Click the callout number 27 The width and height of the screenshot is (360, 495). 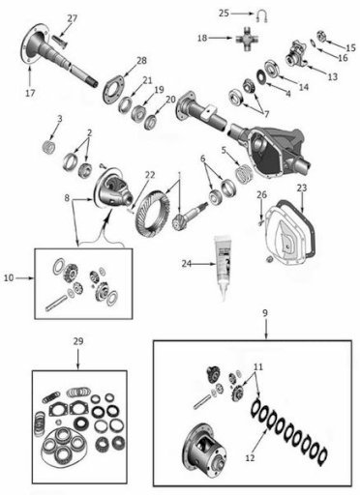point(72,18)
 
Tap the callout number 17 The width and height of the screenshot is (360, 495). point(30,93)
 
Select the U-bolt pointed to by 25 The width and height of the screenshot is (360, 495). point(262,16)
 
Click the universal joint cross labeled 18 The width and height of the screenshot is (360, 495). point(247,40)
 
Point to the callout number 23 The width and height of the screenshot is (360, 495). point(302,188)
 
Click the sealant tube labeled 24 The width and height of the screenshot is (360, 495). point(223,267)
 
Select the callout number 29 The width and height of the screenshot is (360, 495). point(78,341)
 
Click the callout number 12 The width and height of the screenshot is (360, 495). point(250,457)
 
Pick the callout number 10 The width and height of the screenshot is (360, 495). point(9,277)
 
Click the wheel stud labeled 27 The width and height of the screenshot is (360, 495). point(58,42)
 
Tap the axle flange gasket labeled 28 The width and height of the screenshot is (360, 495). point(113,89)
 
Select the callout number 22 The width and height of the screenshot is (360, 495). point(150,175)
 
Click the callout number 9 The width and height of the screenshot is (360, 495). point(265,313)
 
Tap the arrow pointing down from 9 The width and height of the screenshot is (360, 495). point(265,329)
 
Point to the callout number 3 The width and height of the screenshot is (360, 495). point(60,119)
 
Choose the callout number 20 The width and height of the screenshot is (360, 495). point(170,100)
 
